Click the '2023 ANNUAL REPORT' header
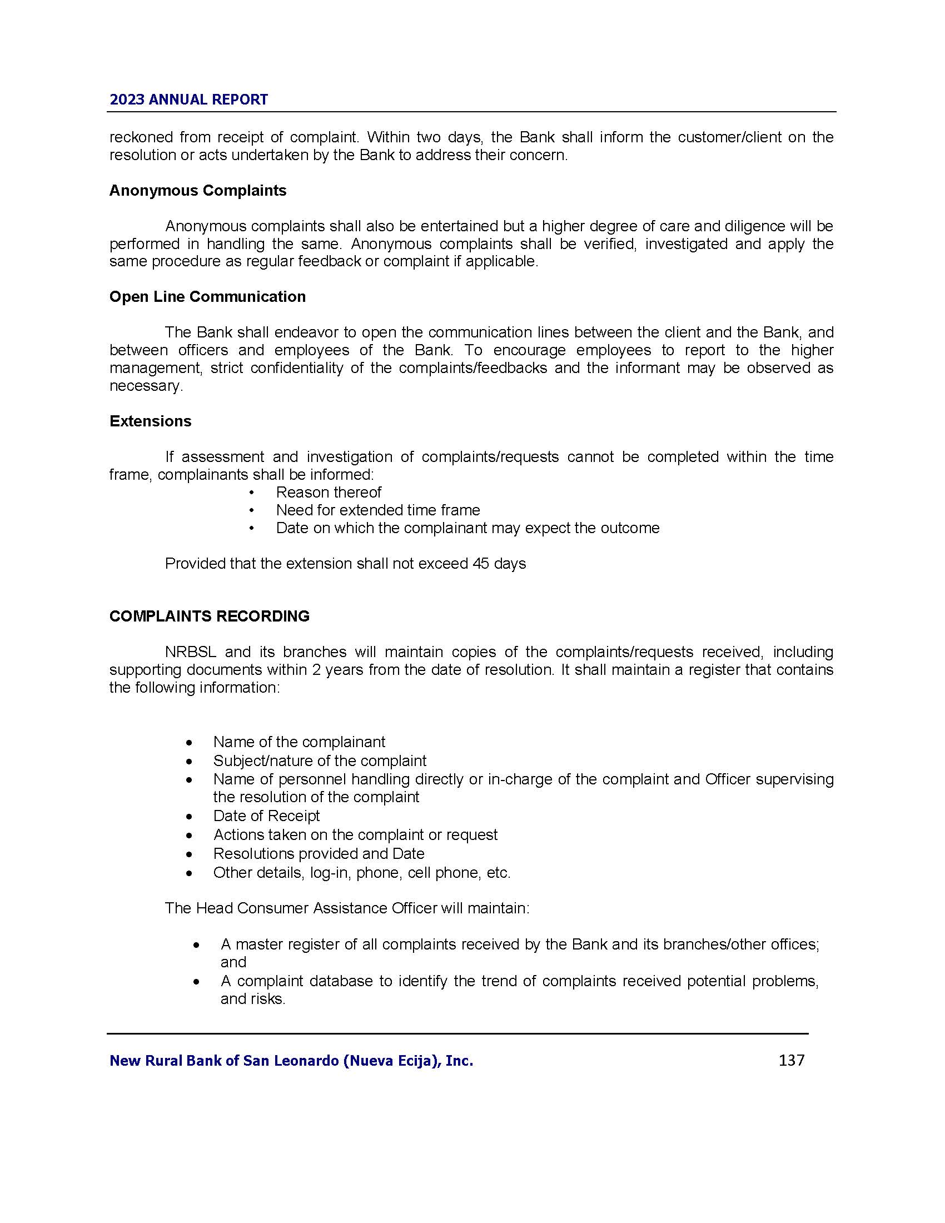point(188,100)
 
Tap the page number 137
point(791,1060)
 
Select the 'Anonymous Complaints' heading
point(198,190)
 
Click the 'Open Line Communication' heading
point(207,296)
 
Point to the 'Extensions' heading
point(150,421)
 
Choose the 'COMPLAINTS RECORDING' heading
point(210,616)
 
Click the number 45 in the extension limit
point(481,563)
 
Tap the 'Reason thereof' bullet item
point(328,492)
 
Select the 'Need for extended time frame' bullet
point(378,510)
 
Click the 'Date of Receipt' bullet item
point(266,816)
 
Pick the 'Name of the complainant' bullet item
point(299,742)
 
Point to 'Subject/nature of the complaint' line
point(320,760)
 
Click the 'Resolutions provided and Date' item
point(319,853)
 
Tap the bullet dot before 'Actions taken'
point(191,836)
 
